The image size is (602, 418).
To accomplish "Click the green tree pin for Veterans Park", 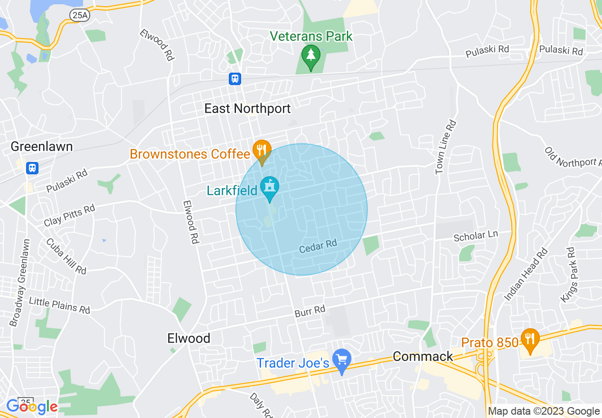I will point(311,56).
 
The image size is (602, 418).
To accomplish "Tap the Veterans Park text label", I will point(311,36).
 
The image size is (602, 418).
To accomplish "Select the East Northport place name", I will point(247,109).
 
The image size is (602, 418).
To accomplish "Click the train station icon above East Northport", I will point(235,78).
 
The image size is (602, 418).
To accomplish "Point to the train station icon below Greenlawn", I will point(32,168).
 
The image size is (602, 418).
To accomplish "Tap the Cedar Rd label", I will point(318,246).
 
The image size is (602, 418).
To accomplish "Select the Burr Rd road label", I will point(310,311).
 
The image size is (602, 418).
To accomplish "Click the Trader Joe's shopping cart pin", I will point(341,360).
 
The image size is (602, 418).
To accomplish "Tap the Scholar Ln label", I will point(475,235).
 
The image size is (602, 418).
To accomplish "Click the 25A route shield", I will point(79,15).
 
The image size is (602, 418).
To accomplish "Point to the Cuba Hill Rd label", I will point(66,256).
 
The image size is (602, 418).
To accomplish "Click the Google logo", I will point(32,407).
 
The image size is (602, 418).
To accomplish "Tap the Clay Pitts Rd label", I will point(69,215).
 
